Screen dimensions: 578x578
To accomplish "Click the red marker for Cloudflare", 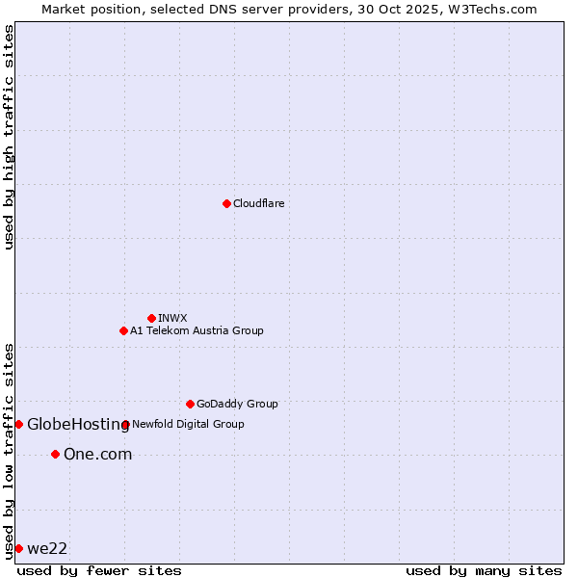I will click(226, 203).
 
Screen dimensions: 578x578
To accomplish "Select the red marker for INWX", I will click(151, 318).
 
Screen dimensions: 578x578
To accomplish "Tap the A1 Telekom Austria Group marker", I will click(123, 330).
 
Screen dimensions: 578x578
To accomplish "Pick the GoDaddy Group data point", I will click(190, 404).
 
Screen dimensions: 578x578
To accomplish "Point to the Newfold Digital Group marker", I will click(125, 424).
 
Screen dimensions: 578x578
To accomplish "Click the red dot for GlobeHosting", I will click(18, 424).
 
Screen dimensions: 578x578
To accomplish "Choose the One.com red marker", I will click(55, 454).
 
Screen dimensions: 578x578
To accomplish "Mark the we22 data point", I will click(18, 548).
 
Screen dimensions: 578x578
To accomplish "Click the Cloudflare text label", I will click(258, 203).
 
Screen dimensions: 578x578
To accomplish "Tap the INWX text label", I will click(172, 318).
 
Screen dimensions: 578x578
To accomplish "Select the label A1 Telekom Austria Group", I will click(197, 330).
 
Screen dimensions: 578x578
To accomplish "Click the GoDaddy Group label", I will click(237, 404).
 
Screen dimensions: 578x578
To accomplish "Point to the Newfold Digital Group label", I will click(188, 424).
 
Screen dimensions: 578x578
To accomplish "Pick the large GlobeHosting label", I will click(78, 424).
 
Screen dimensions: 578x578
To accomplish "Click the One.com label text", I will click(97, 454).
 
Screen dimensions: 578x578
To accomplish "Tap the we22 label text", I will click(47, 548).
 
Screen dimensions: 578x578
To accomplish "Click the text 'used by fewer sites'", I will click(99, 570).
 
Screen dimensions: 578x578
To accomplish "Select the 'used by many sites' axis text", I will click(484, 570).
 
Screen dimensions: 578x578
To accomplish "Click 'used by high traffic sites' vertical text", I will click(9, 137).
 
